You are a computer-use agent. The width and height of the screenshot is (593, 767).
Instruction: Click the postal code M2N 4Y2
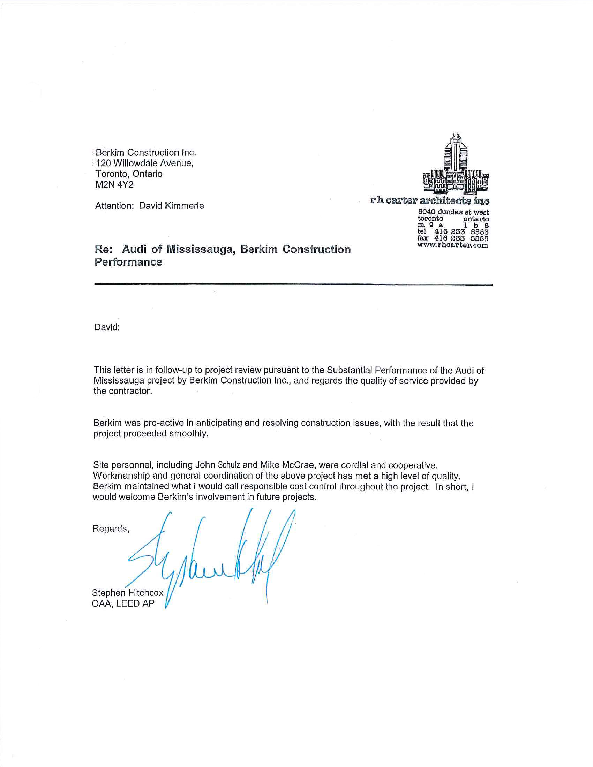pyautogui.click(x=114, y=185)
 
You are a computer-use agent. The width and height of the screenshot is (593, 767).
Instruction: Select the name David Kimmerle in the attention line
pyautogui.click(x=171, y=206)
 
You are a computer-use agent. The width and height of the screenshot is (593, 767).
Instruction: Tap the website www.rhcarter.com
pyautogui.click(x=452, y=245)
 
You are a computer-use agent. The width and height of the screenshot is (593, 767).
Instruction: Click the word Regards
pyautogui.click(x=110, y=529)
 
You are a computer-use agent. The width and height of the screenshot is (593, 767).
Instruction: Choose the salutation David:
pyautogui.click(x=107, y=327)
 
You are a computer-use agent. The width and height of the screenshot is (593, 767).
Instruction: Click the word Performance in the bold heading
pyautogui.click(x=129, y=262)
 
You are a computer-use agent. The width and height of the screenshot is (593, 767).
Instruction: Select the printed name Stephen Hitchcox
pyautogui.click(x=128, y=593)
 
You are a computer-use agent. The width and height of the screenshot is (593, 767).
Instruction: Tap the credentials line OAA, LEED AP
pyautogui.click(x=123, y=603)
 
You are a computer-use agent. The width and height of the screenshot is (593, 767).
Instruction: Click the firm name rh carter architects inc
pyautogui.click(x=430, y=200)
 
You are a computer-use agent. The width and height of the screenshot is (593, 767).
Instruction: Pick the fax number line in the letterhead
pyautogui.click(x=453, y=238)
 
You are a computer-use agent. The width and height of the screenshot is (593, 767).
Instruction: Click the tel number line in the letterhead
pyautogui.click(x=453, y=232)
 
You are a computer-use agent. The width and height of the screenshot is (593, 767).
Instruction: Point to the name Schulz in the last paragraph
pyautogui.click(x=229, y=465)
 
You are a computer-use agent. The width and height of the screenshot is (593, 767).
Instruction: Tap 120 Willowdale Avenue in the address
pyautogui.click(x=144, y=163)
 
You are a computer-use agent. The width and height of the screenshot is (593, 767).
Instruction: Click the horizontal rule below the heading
pyautogui.click(x=293, y=284)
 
